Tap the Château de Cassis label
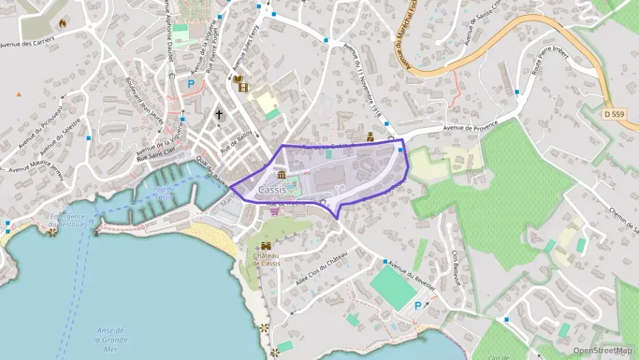(x=266, y=260)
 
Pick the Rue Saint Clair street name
(x=161, y=158)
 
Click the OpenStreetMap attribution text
(x=601, y=350)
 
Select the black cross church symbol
(x=219, y=115)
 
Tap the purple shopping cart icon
(x=274, y=212)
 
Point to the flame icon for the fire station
(x=63, y=23)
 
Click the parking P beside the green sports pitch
(x=417, y=305)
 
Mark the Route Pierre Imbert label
(x=549, y=77)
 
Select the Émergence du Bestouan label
(x=68, y=220)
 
